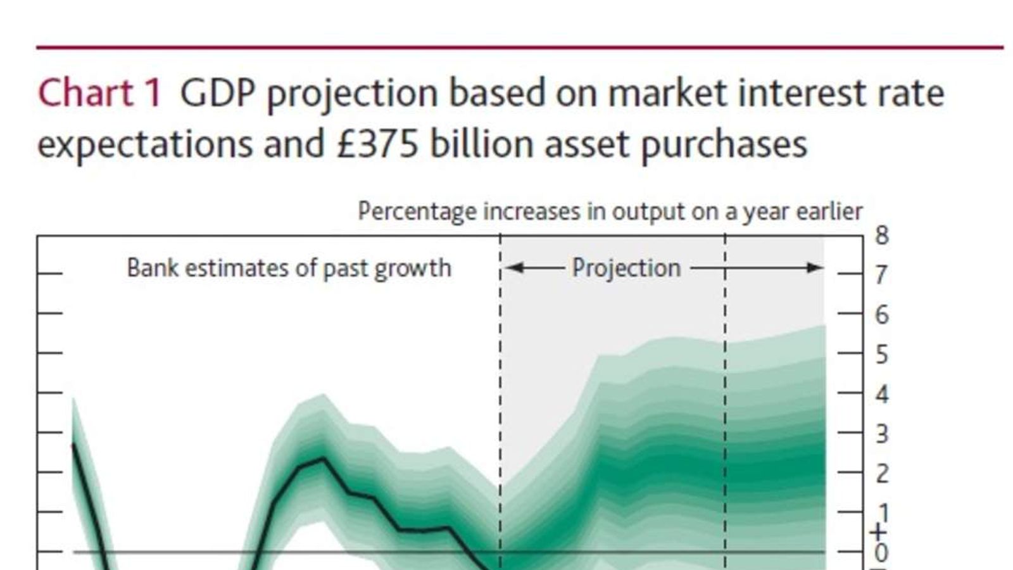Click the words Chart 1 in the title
pyautogui.click(x=100, y=93)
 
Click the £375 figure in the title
pyautogui.click(x=377, y=144)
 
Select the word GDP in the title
pyautogui.click(x=217, y=93)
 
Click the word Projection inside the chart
pyautogui.click(x=626, y=268)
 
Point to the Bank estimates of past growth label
pyautogui.click(x=289, y=268)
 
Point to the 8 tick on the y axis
pyautogui.click(x=882, y=236)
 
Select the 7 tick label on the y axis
pyautogui.click(x=881, y=275)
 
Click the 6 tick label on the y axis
pyautogui.click(x=881, y=315)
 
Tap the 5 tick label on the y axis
pyautogui.click(x=881, y=355)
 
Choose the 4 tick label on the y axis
pyautogui.click(x=881, y=395)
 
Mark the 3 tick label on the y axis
pyautogui.click(x=881, y=434)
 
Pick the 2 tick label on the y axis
pyautogui.click(x=881, y=474)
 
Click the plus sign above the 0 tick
pyautogui.click(x=878, y=532)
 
